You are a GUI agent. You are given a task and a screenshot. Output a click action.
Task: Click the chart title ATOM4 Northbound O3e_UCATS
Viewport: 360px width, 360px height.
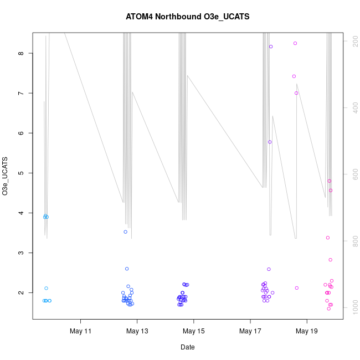(x=188, y=17)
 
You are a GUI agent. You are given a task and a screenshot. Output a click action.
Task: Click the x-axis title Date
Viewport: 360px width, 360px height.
(x=187, y=347)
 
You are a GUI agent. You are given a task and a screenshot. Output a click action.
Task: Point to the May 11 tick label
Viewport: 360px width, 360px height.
(x=81, y=332)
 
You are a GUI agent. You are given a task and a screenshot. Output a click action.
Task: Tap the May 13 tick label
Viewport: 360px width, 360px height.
(x=137, y=332)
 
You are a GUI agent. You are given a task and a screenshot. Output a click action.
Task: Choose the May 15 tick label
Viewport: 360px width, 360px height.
(x=194, y=332)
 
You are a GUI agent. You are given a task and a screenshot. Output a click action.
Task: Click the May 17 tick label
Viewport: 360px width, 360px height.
(x=250, y=332)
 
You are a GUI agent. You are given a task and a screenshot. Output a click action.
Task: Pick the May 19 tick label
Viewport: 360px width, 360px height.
(x=307, y=332)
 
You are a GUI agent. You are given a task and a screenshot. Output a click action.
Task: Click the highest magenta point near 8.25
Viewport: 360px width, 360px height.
(x=295, y=43)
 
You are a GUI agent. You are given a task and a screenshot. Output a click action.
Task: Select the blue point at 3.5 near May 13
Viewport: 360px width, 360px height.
(x=126, y=232)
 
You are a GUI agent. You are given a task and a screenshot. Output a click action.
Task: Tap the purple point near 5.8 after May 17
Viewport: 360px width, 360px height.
(x=270, y=142)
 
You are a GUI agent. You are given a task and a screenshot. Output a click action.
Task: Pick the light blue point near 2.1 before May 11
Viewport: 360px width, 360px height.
(x=47, y=288)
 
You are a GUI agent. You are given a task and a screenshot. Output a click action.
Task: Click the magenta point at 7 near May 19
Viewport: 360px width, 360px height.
(x=296, y=93)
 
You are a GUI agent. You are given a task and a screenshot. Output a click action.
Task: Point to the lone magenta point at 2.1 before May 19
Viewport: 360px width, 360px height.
(x=297, y=288)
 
